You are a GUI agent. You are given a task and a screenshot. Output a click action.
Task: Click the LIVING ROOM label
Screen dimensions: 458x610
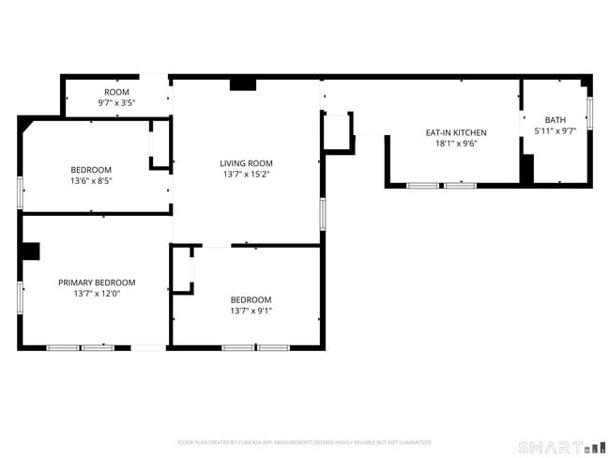click(246, 163)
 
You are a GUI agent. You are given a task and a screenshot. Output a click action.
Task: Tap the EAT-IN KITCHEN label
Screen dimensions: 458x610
click(456, 132)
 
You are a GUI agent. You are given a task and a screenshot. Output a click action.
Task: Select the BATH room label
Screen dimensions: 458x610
click(556, 120)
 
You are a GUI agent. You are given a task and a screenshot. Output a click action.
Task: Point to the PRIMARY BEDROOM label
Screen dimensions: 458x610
click(97, 282)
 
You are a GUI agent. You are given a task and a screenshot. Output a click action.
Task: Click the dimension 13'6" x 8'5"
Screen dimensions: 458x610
click(91, 180)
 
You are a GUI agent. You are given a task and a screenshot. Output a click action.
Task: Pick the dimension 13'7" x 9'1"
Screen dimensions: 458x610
click(252, 311)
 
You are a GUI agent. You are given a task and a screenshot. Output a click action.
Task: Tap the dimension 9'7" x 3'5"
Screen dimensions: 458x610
click(116, 102)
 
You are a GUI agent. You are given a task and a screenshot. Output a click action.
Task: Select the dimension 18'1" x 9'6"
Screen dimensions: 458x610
click(456, 144)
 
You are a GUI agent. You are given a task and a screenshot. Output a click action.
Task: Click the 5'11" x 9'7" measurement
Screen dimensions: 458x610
click(556, 131)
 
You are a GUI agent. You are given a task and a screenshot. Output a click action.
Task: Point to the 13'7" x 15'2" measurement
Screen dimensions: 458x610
click(246, 175)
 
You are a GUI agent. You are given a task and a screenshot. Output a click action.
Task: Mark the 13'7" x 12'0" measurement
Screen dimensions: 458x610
click(97, 294)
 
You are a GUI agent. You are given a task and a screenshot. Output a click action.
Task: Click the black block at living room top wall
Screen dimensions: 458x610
click(243, 84)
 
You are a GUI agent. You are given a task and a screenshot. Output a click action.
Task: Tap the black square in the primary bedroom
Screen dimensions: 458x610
click(30, 251)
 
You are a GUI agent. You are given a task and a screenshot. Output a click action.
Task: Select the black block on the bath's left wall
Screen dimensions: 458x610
click(526, 170)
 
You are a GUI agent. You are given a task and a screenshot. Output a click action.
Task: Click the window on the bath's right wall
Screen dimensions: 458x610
click(589, 112)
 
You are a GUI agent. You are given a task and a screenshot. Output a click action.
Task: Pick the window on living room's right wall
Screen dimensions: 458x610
click(322, 214)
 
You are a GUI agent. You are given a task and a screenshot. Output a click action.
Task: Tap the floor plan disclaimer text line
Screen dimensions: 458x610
click(304, 442)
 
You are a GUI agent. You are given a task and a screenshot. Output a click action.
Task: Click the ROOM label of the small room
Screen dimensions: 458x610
click(116, 92)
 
